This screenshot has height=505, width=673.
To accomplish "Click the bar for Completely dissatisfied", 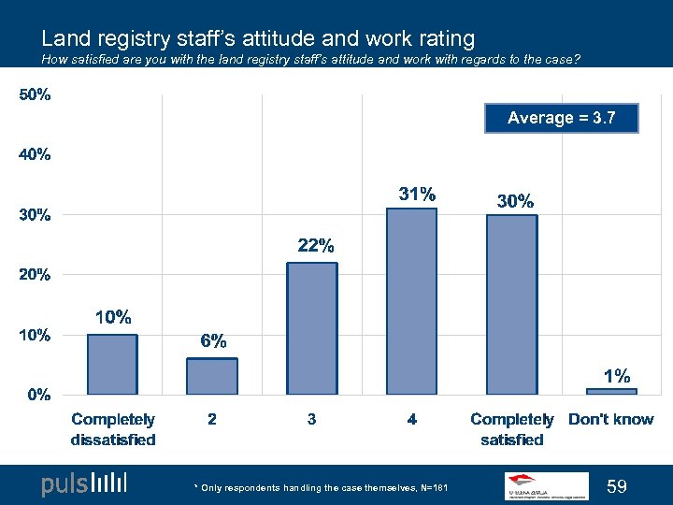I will (112, 364).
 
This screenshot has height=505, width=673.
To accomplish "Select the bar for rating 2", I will (212, 376).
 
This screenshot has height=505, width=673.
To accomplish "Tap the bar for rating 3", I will (312, 328).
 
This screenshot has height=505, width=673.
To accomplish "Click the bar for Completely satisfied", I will (512, 304).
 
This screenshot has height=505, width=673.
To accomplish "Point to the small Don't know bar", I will (611, 391).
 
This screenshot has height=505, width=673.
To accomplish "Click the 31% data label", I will (417, 195).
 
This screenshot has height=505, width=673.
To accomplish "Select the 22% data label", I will (316, 246).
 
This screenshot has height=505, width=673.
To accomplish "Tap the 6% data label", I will (213, 341).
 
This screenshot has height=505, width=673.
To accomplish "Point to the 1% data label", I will (616, 376).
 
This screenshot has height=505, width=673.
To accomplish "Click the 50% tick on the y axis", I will (35, 94).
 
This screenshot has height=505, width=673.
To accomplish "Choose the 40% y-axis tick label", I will (35, 154).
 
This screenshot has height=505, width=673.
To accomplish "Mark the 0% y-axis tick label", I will (37, 394).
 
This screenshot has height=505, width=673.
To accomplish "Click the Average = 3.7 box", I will (562, 118).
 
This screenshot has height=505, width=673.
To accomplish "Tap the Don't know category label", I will (611, 419).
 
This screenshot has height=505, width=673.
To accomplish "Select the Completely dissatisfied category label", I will (113, 429).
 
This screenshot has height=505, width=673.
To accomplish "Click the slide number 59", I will (616, 485).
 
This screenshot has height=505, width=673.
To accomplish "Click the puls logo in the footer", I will (84, 484).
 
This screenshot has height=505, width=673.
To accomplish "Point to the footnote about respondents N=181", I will (321, 487).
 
